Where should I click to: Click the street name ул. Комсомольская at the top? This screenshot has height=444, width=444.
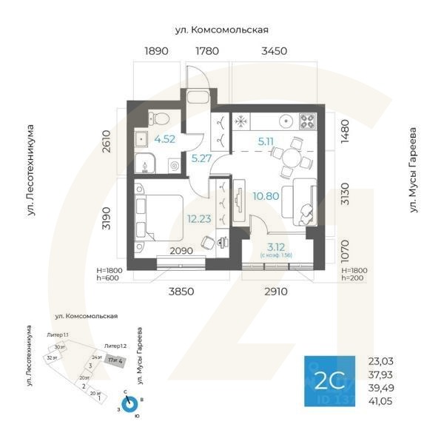click(x=221, y=30)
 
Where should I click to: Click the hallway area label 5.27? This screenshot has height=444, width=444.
click(x=201, y=157)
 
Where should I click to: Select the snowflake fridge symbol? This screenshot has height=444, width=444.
click(x=240, y=119)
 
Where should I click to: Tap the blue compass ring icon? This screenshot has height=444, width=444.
click(x=129, y=404)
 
